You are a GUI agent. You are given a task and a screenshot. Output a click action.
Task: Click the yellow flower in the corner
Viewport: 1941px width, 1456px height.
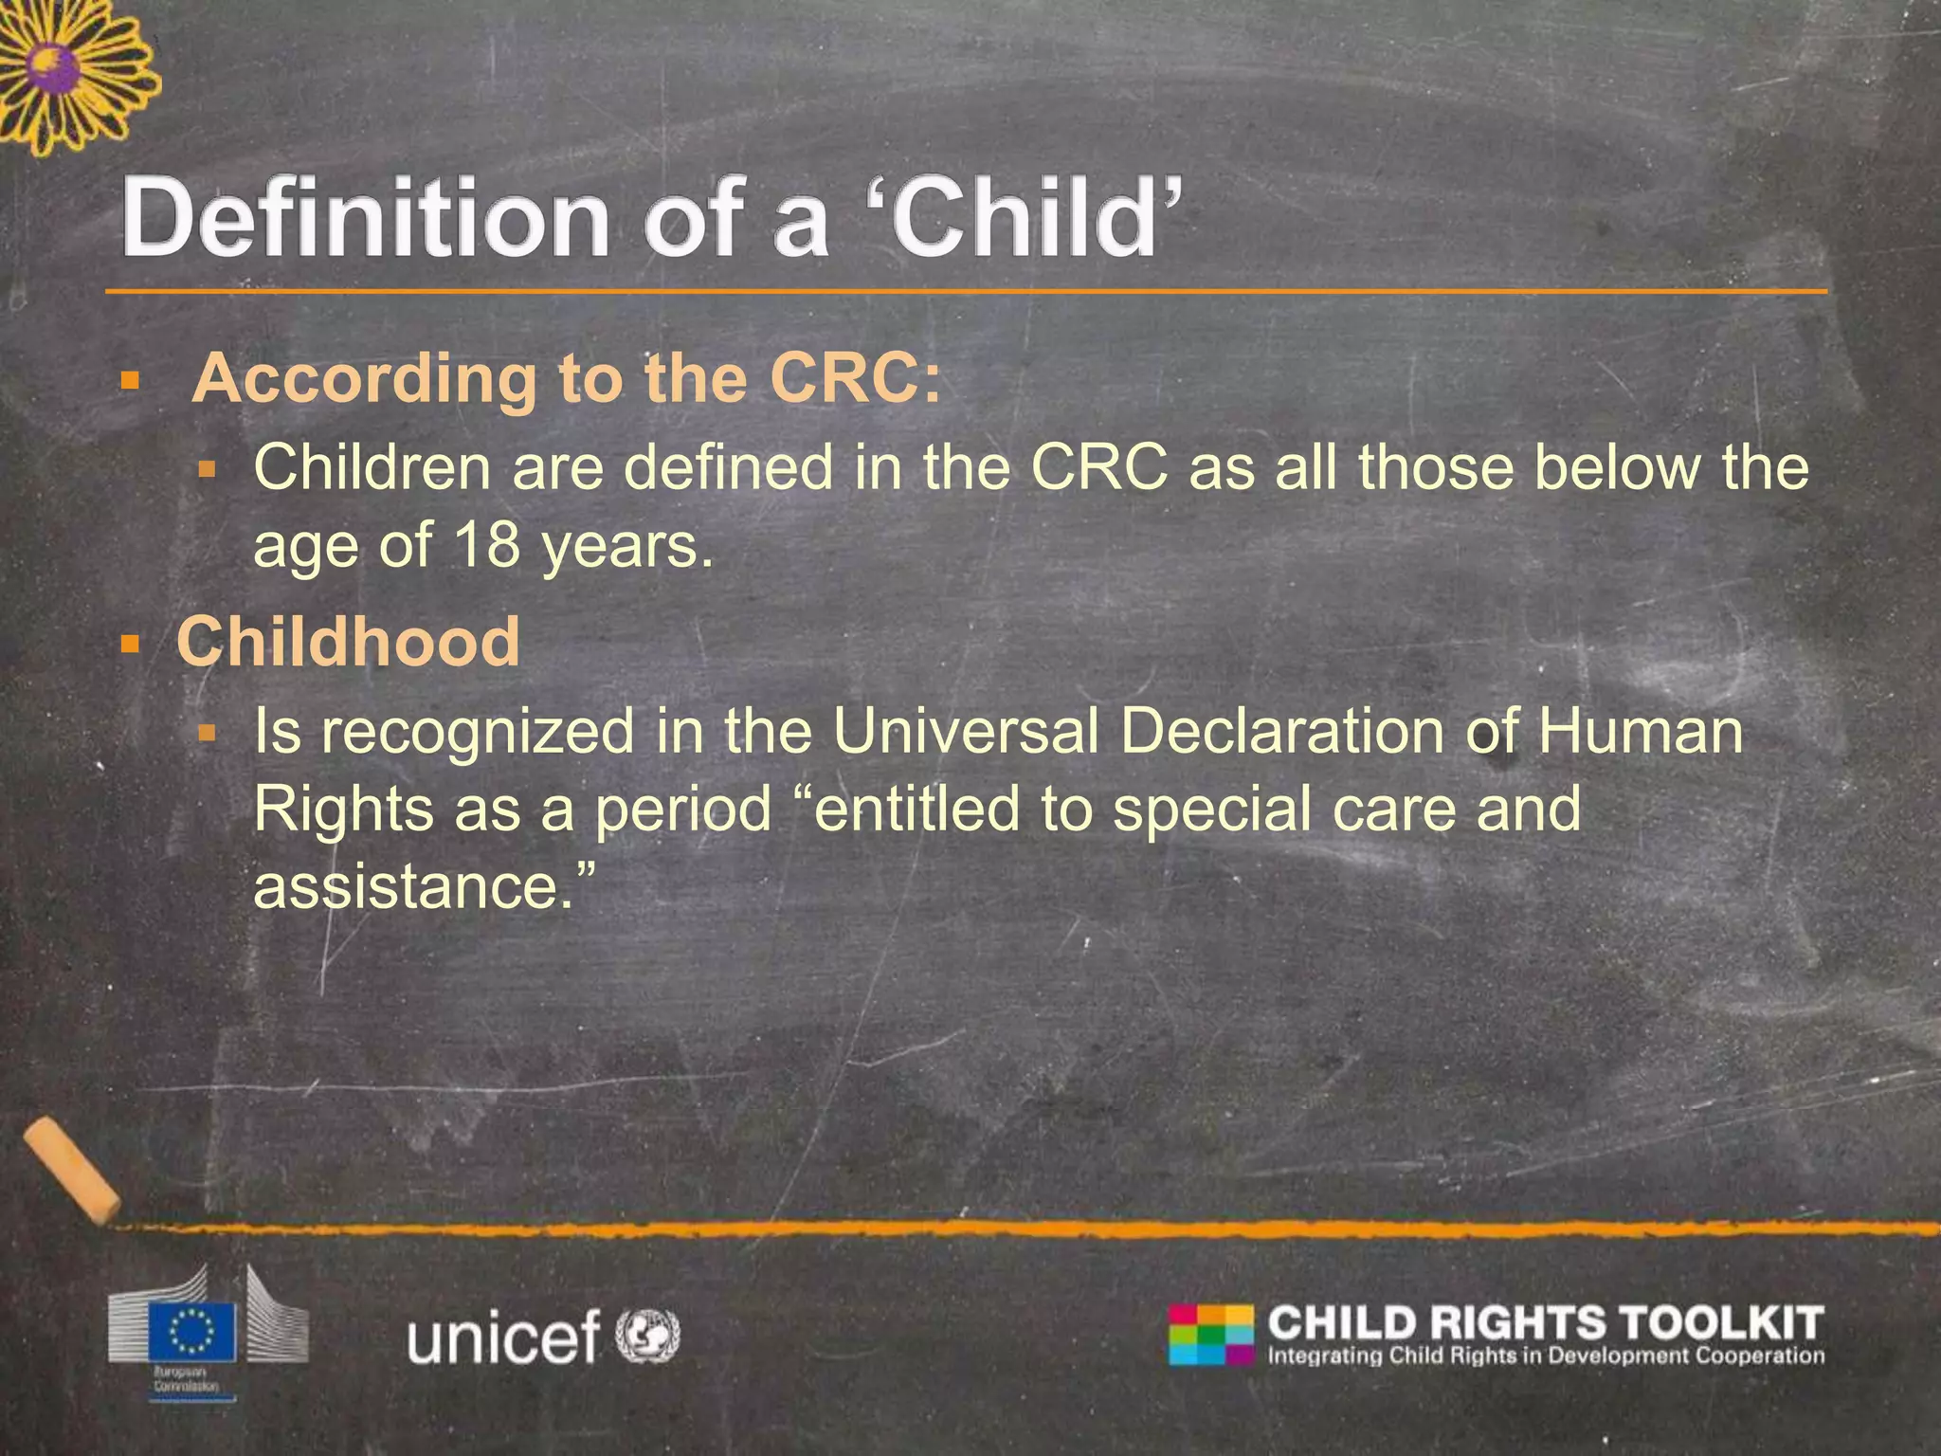(66, 71)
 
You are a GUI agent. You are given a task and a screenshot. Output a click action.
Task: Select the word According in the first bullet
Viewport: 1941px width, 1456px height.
(364, 379)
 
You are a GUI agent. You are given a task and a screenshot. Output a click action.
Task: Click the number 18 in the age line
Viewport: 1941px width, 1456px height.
(486, 547)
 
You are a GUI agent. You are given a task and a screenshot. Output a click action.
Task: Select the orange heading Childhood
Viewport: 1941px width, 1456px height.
(348, 642)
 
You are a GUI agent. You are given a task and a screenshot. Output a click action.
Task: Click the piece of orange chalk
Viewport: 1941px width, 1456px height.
(71, 1169)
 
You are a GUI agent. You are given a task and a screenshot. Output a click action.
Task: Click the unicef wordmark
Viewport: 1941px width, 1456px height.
(503, 1337)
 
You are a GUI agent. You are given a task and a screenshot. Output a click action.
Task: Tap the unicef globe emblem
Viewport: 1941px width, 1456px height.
(648, 1336)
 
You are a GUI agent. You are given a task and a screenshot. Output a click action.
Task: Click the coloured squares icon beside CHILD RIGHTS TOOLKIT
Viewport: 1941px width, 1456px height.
(1210, 1335)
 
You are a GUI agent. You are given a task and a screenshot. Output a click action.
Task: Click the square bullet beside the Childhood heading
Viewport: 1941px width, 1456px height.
(130, 646)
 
